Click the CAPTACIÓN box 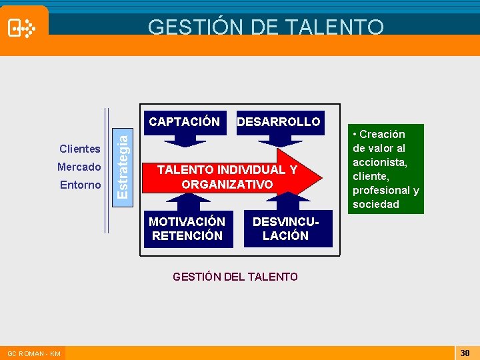point(184,122)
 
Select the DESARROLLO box point(279,122)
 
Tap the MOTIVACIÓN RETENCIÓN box point(187,228)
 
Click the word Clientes point(80,149)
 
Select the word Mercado point(79,167)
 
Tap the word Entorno point(81,185)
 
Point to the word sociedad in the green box point(376,204)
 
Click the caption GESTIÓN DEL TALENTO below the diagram point(235,277)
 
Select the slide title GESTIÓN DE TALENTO point(265,27)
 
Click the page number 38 point(465,353)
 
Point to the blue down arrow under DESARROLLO point(279,141)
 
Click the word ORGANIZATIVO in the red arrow point(227,184)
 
